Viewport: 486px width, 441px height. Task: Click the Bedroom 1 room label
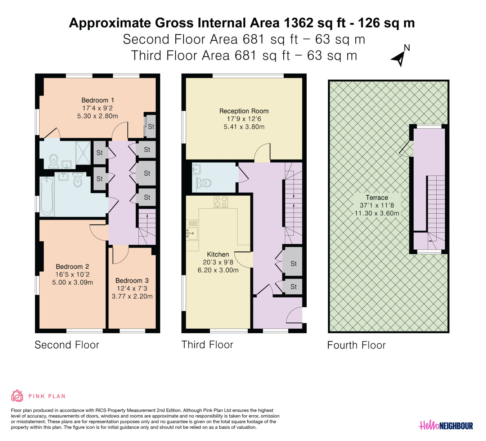click(x=98, y=100)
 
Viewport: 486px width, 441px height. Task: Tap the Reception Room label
click(x=244, y=111)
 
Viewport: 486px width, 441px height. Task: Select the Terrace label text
click(x=377, y=197)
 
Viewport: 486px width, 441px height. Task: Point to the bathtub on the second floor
click(x=46, y=196)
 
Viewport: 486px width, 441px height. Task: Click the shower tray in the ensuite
click(x=83, y=153)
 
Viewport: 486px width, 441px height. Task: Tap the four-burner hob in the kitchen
click(x=221, y=202)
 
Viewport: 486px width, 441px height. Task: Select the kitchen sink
click(x=192, y=233)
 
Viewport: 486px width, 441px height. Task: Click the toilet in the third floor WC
click(x=204, y=183)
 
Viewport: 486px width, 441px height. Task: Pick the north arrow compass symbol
click(x=400, y=56)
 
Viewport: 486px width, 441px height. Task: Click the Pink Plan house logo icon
click(x=17, y=396)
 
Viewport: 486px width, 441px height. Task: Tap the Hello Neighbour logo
click(x=446, y=426)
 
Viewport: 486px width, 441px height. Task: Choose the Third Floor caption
click(x=207, y=345)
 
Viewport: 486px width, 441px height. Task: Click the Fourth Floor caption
click(x=356, y=345)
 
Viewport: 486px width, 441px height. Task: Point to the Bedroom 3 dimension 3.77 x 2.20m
click(x=132, y=296)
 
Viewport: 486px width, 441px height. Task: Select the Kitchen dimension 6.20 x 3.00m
click(x=218, y=270)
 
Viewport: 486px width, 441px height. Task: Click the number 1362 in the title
click(x=298, y=23)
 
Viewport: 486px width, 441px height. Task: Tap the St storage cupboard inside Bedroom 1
click(x=150, y=126)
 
